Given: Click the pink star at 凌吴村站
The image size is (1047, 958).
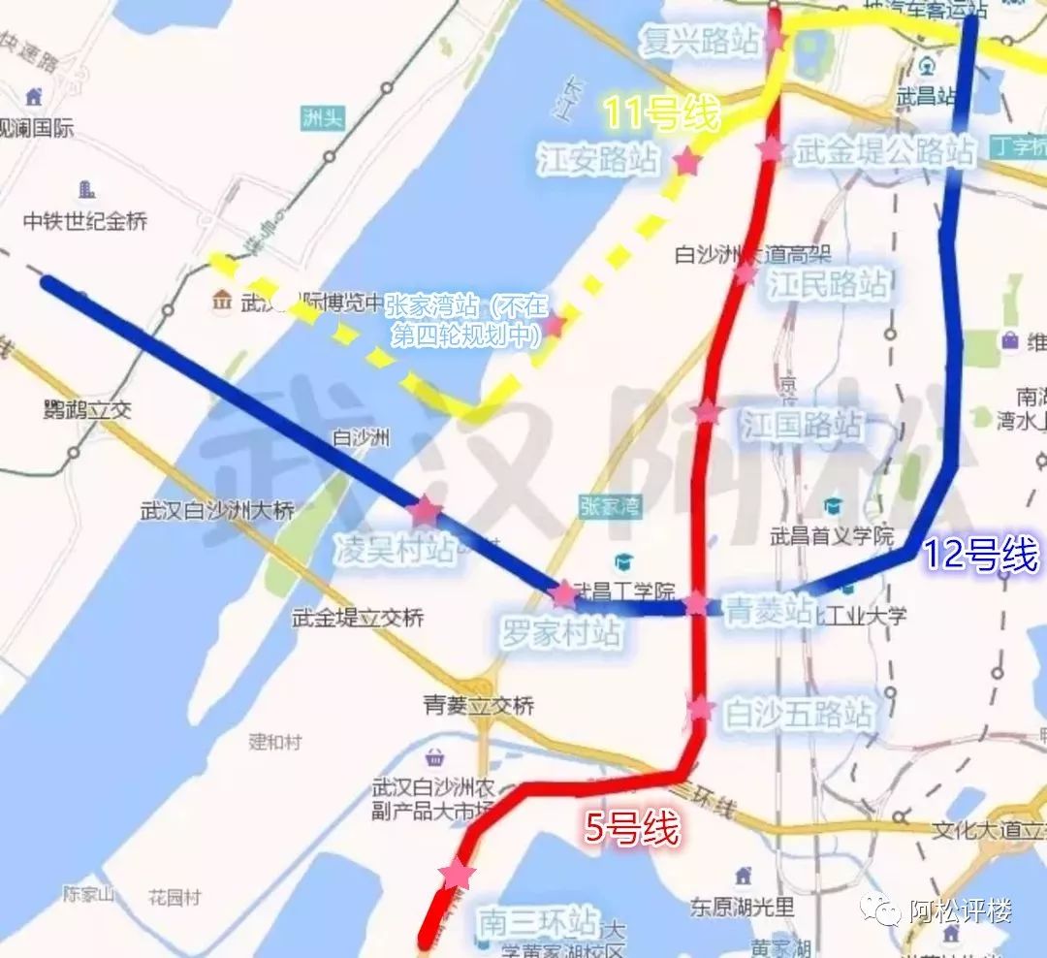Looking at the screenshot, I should click(425, 510).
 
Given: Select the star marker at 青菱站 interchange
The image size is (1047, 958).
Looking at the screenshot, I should click(696, 604).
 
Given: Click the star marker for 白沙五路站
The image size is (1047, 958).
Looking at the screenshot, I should click(700, 708).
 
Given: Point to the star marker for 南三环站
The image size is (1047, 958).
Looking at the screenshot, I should click(456, 875).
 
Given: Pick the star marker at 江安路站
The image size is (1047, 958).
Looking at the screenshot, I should click(687, 162).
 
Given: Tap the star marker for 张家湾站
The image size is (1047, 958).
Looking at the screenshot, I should click(555, 325).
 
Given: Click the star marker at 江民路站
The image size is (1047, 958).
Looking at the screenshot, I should click(745, 273).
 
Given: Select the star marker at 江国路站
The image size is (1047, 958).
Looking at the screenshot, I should click(707, 412).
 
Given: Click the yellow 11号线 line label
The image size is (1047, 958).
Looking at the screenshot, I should click(662, 115).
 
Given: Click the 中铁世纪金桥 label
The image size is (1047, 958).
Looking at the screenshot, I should click(86, 221).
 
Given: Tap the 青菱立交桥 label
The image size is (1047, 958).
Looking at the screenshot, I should click(479, 705).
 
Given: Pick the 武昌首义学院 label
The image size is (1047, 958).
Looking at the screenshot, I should click(831, 533).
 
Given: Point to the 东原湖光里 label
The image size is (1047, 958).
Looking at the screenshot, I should click(743, 908).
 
